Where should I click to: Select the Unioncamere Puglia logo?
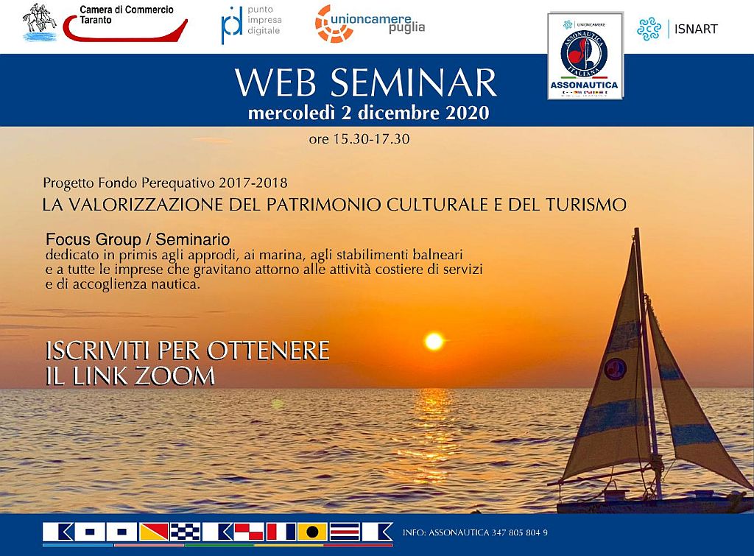370,24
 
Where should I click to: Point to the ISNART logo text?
695,29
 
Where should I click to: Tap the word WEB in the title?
277,82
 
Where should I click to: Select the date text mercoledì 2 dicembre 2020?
368,113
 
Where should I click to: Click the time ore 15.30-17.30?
359,138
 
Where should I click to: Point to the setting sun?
434,341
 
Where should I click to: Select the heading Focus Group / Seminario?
138,239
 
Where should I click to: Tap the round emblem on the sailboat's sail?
615,367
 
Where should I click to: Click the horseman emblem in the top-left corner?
40,21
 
